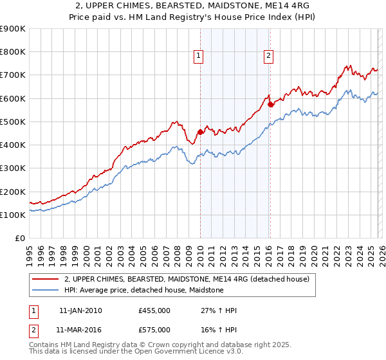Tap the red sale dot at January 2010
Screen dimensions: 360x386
point(200,132)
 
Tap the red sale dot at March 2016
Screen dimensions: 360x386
point(270,104)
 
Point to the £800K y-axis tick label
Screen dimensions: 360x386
point(13,52)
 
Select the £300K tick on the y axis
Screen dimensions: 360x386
point(13,168)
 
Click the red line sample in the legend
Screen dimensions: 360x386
point(46,280)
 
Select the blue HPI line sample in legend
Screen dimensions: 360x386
point(46,291)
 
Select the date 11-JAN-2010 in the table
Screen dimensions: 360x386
point(80,310)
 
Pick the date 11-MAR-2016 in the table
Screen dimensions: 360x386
point(80,330)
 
